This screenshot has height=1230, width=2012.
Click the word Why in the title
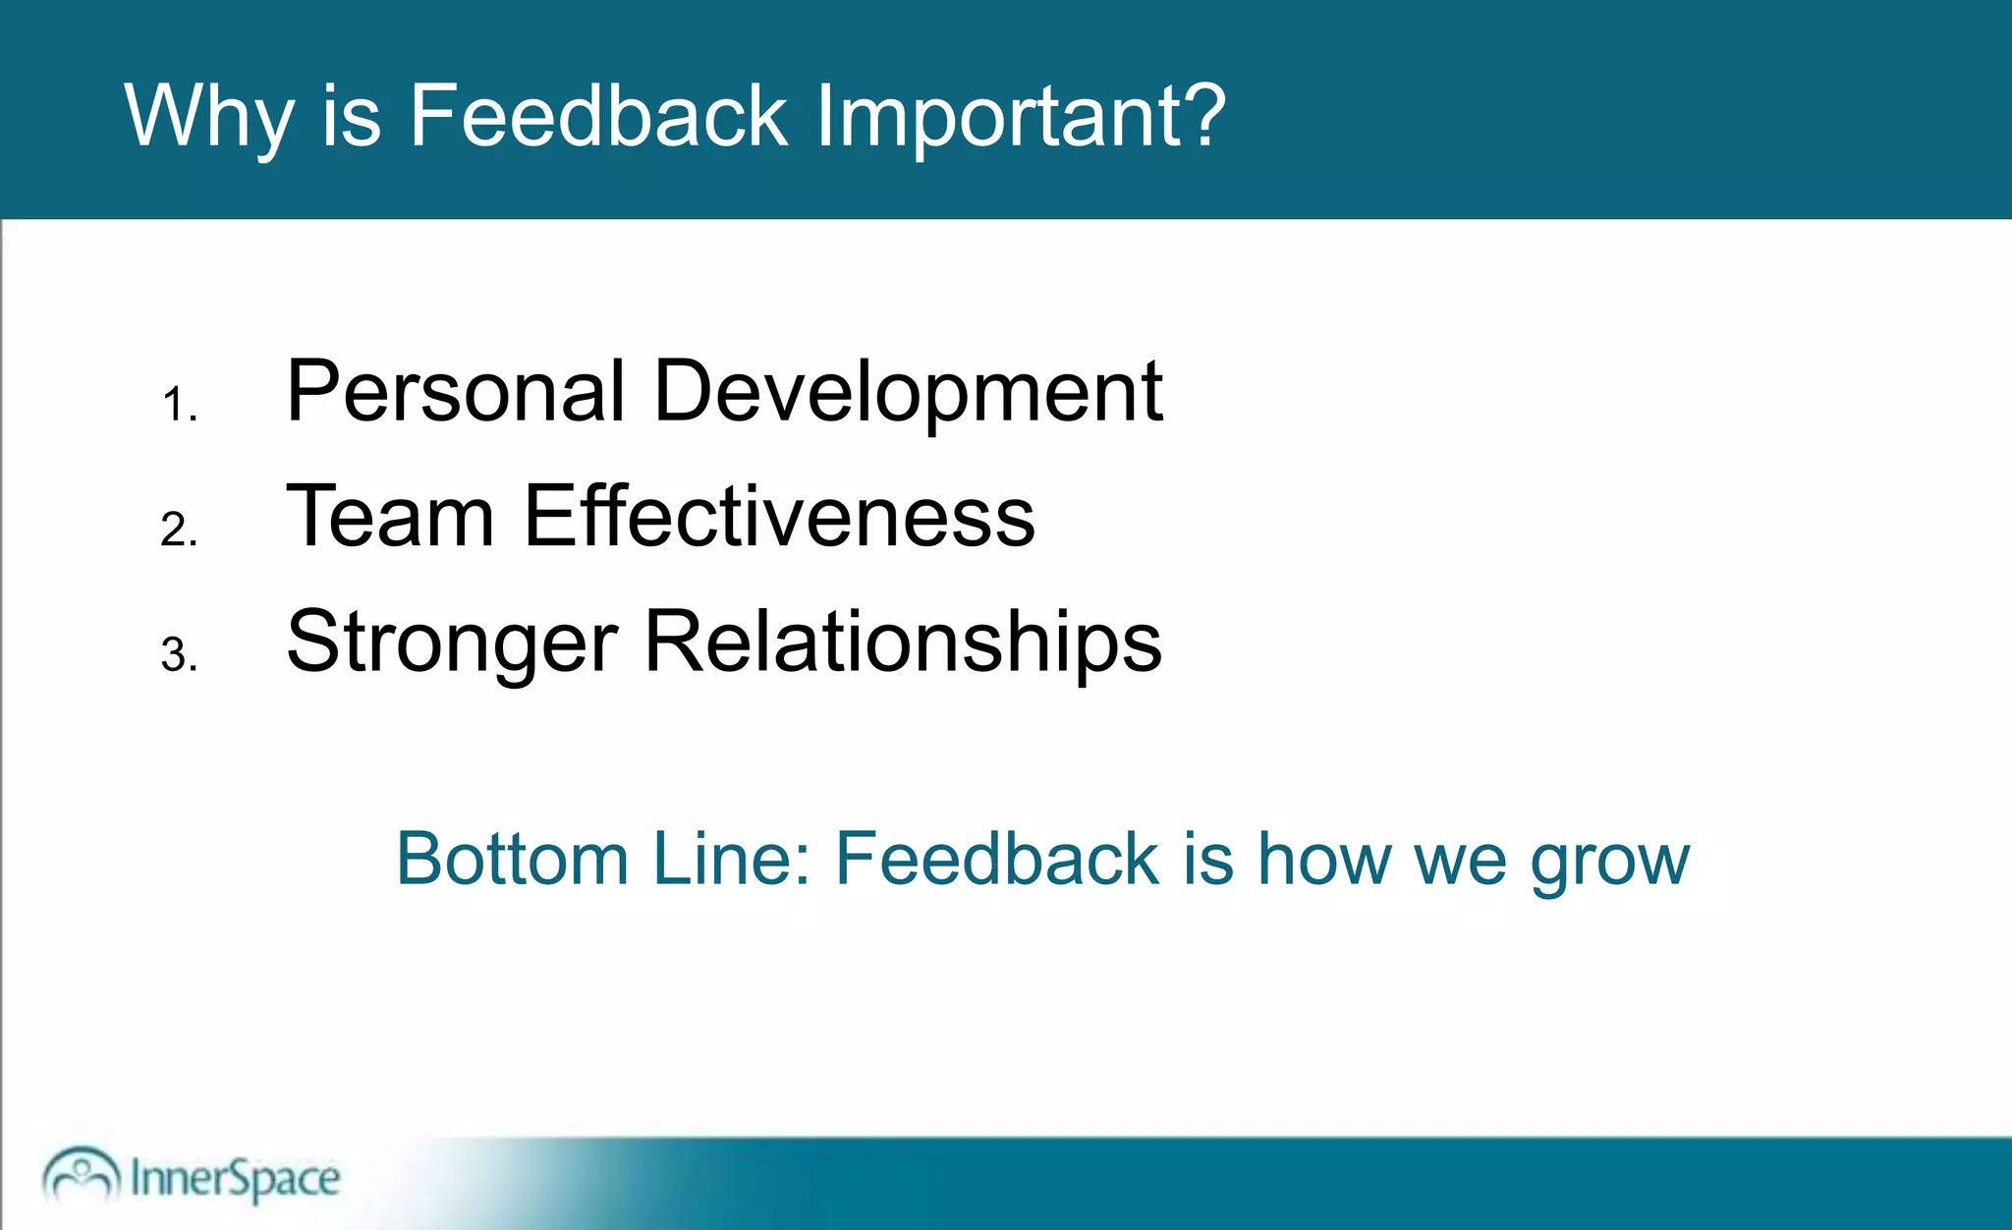coord(208,116)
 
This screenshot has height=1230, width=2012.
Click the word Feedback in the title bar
coord(597,116)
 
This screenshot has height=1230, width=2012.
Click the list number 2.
coord(179,530)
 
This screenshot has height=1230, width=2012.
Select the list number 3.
coord(179,655)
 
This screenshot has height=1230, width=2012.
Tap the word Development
coord(908,393)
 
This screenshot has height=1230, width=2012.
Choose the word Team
coord(390,517)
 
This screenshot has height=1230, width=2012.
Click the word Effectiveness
coord(779,517)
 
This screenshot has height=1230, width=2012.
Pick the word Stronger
coord(452,643)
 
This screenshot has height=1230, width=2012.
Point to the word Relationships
coord(903,643)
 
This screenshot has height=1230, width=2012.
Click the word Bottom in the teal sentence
coord(512,859)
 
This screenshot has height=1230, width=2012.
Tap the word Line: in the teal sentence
coord(732,859)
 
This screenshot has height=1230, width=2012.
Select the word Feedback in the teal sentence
coord(996,859)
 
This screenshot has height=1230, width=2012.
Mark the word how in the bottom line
coord(1324,859)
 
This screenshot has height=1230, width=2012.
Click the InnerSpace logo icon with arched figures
coord(81,1173)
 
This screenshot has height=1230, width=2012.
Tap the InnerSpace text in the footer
coord(235,1178)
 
